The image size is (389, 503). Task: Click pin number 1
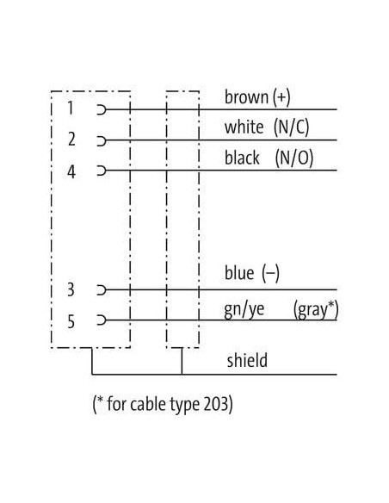click(71, 108)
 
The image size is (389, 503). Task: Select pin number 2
click(71, 140)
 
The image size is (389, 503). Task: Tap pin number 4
click(71, 171)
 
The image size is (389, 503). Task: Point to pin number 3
click(71, 289)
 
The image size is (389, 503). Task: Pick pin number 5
click(71, 320)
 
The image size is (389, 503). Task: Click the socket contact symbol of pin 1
click(102, 109)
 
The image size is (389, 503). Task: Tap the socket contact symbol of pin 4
click(102, 171)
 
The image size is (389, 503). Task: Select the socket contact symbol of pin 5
click(102, 320)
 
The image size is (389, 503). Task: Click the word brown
click(246, 96)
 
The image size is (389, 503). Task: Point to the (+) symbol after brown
click(281, 97)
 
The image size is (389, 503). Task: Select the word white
click(244, 127)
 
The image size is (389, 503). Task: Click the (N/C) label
click(291, 127)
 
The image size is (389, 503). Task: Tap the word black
click(242, 158)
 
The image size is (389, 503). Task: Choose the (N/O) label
click(293, 158)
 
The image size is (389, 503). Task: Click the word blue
click(239, 273)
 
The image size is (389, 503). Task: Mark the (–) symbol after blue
click(270, 274)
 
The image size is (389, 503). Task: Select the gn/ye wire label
click(244, 309)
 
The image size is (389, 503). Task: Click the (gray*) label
click(316, 310)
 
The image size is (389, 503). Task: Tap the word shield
click(247, 360)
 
